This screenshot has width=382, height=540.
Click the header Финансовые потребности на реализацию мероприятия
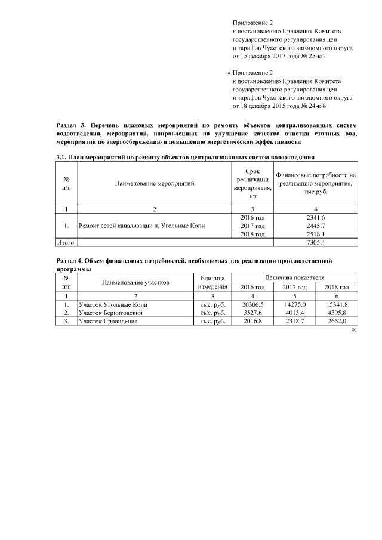tap(315, 184)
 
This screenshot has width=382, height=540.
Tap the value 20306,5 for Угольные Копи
tap(252, 304)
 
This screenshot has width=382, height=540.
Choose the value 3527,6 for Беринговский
tap(252, 313)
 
